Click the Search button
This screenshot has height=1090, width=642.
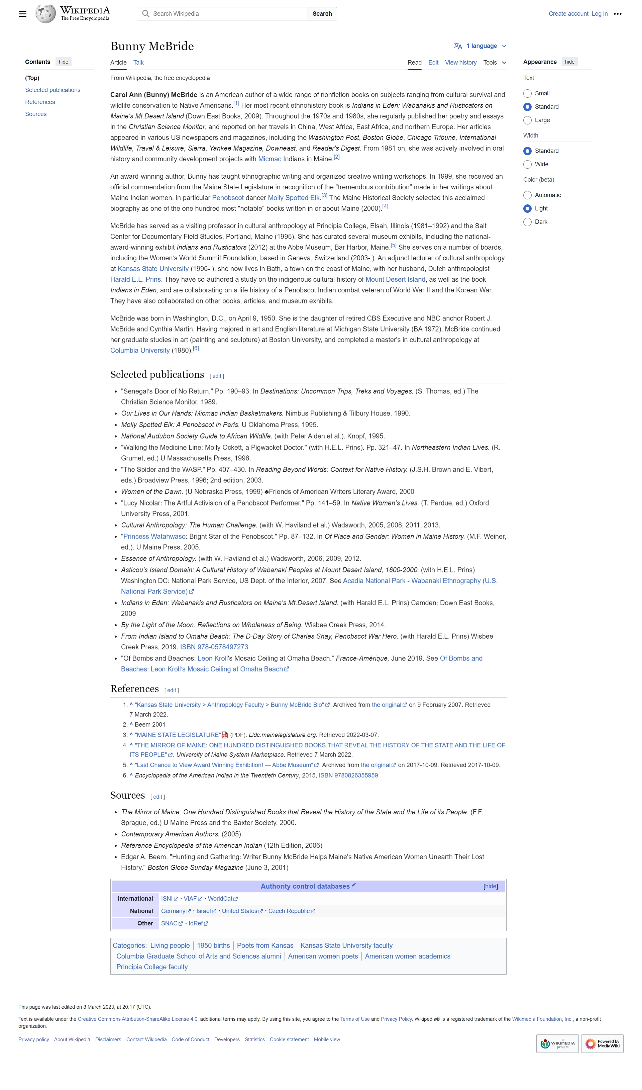pos(322,14)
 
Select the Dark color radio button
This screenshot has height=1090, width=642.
pos(527,222)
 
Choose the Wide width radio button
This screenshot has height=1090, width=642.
pos(527,164)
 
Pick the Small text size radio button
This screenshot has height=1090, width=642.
pos(527,93)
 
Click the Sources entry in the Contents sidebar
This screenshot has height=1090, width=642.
pos(36,114)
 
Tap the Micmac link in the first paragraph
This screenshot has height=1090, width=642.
pos(270,159)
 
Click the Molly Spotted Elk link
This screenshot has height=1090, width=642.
pos(293,198)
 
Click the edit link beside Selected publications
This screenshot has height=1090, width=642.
pos(217,376)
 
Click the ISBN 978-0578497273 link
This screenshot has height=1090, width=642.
pos(214,647)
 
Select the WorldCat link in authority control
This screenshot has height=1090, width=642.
pos(220,899)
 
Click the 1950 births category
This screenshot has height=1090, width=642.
pos(213,945)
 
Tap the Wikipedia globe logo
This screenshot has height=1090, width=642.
pos(45,14)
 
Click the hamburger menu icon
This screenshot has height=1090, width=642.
pos(22,14)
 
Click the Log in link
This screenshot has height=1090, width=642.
pos(599,14)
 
